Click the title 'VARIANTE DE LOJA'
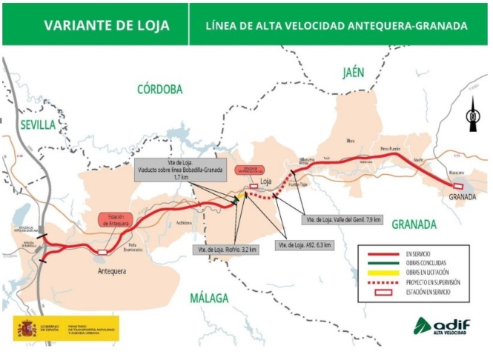point(106,25)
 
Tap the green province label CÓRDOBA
point(159,89)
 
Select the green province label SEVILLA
point(37,124)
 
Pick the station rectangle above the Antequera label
point(101,252)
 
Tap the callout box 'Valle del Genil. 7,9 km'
point(343,220)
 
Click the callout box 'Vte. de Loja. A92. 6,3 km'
point(303,244)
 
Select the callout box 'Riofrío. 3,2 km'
point(225,250)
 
